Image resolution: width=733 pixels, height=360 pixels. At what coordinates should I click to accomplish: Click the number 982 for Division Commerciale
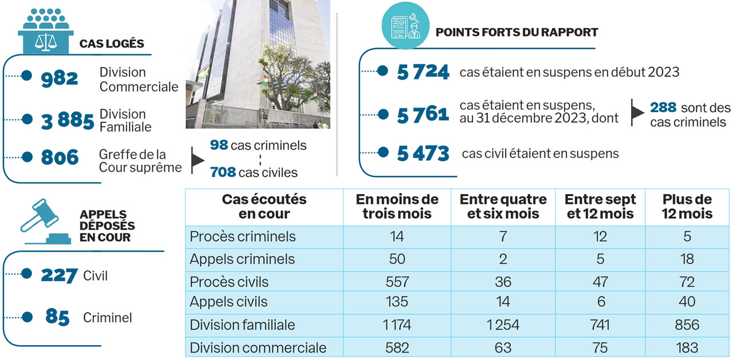pos(60,78)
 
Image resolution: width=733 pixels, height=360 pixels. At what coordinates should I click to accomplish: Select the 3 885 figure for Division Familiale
pos(67,121)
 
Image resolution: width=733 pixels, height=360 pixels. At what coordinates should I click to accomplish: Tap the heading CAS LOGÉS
pos(112,44)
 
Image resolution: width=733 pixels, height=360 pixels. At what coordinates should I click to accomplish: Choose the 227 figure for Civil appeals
pos(59,276)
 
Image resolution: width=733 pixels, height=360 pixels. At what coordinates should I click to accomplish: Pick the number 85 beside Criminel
pos(57,318)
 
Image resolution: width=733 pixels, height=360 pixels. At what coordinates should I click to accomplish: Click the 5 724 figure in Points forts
pos(423,72)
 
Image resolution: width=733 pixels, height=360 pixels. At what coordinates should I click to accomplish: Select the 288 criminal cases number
pos(663,108)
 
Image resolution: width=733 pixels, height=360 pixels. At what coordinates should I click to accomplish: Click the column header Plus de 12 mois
pos(687,207)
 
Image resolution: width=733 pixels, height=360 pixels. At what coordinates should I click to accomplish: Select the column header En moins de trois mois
pos(397,207)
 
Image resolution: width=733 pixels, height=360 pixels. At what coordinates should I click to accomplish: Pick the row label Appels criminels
pos(242,259)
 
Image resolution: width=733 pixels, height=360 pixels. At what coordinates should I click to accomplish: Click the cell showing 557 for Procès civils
pos(397,282)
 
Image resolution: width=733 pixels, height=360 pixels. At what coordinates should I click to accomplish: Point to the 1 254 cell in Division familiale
pos(502,325)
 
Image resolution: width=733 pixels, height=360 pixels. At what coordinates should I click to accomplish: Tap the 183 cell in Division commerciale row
pos(687,347)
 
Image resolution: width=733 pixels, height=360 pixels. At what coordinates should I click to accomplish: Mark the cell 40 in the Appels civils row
pos(687,302)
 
